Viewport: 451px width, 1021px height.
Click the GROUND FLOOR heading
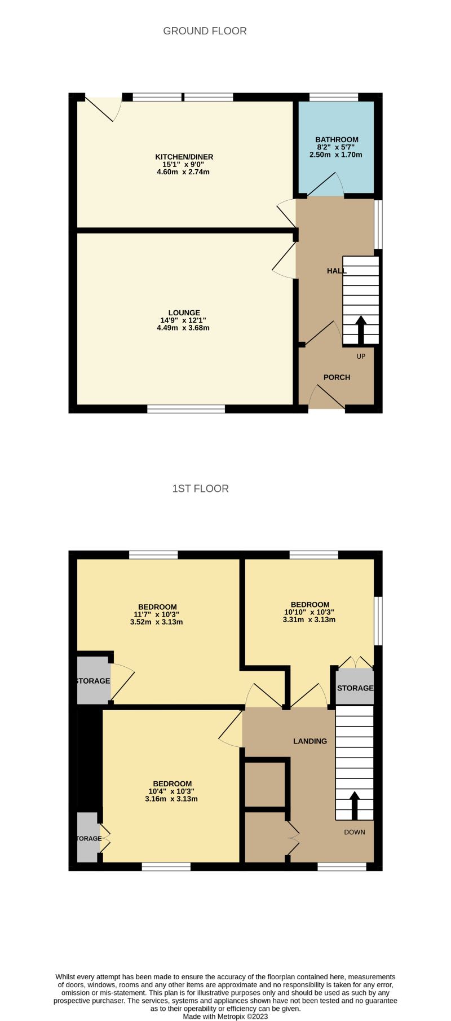pyautogui.click(x=205, y=31)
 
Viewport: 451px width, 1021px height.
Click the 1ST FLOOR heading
pyautogui.click(x=200, y=489)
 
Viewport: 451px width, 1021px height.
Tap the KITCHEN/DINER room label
pyautogui.click(x=184, y=157)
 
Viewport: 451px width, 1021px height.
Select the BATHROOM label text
pyautogui.click(x=337, y=140)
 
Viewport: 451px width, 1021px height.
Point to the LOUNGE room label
pyautogui.click(x=184, y=313)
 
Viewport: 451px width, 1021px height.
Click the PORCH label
pyautogui.click(x=337, y=377)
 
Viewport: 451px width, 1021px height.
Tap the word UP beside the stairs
pyautogui.click(x=361, y=357)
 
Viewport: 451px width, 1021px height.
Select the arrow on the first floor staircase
pyautogui.click(x=355, y=805)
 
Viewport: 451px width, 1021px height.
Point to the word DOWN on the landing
pyautogui.click(x=355, y=832)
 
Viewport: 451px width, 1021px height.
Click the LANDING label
pyautogui.click(x=309, y=741)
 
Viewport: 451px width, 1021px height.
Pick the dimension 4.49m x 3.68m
pyautogui.click(x=183, y=328)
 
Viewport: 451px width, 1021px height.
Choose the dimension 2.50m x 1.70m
pyautogui.click(x=335, y=155)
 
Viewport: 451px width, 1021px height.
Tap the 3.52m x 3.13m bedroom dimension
pyautogui.click(x=156, y=622)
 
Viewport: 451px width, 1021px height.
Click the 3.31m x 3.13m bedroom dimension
pyautogui.click(x=309, y=619)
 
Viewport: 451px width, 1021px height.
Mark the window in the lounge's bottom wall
pyautogui.click(x=186, y=409)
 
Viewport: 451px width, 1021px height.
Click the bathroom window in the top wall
pyautogui.click(x=334, y=97)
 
